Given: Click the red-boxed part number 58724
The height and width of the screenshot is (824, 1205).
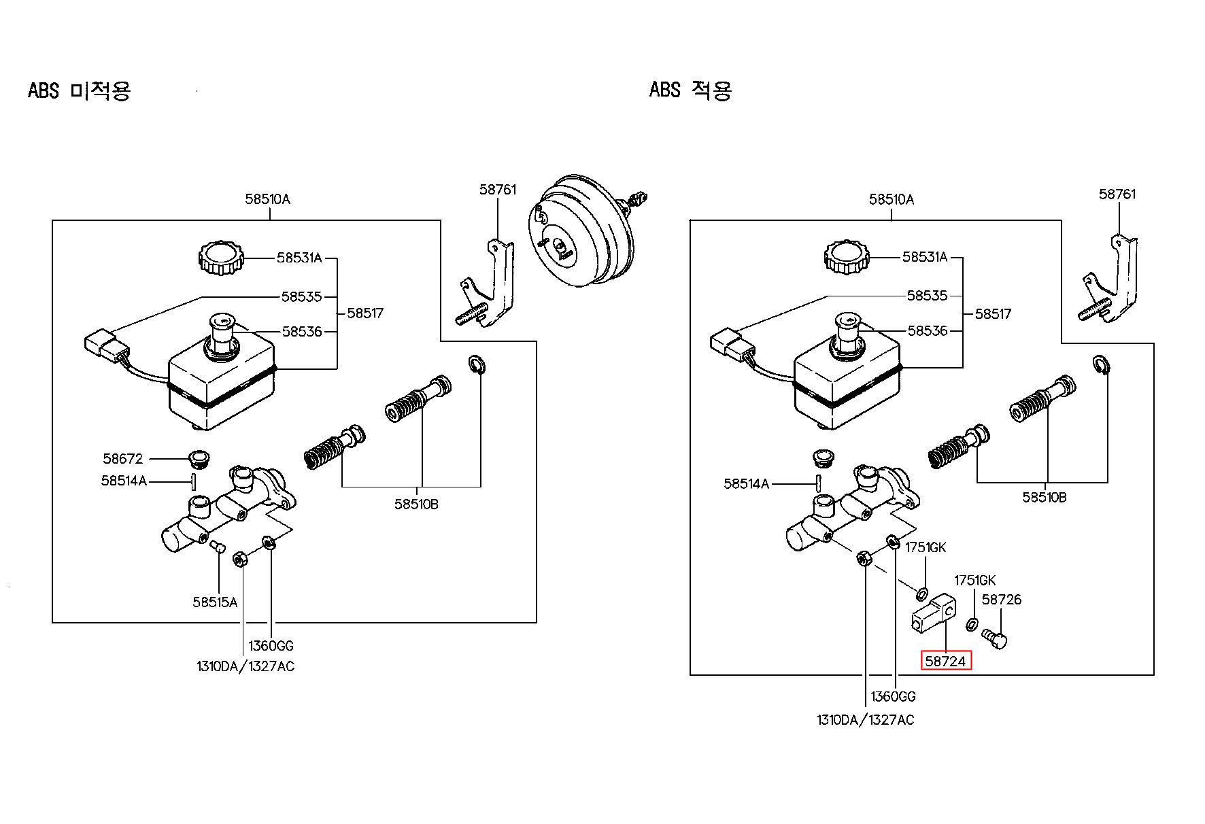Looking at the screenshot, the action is [946, 661].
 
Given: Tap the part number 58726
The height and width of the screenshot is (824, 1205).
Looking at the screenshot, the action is [1002, 600].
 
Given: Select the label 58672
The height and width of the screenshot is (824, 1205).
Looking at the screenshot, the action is [123, 459].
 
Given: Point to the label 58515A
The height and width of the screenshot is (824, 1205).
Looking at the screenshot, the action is [215, 602].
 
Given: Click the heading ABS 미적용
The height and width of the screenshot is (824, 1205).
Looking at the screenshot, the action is [79, 90].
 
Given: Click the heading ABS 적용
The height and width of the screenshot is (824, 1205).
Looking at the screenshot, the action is [690, 90].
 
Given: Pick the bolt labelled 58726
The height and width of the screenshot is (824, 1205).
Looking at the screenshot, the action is [995, 638].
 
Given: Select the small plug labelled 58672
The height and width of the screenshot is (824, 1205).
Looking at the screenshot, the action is [199, 459].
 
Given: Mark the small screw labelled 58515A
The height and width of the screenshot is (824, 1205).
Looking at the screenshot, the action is [217, 546].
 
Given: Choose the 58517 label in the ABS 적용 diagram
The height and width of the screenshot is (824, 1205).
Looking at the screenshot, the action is [993, 314].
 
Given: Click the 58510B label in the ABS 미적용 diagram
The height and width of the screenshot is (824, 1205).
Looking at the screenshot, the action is [416, 504].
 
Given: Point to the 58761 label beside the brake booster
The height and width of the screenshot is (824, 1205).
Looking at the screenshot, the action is [498, 190].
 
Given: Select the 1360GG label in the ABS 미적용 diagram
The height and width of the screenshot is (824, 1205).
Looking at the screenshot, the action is [271, 646].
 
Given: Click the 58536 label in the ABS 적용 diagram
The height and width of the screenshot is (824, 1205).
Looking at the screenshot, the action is [928, 331].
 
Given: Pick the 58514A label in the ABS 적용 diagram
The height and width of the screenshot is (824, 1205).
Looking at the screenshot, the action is [747, 484].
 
